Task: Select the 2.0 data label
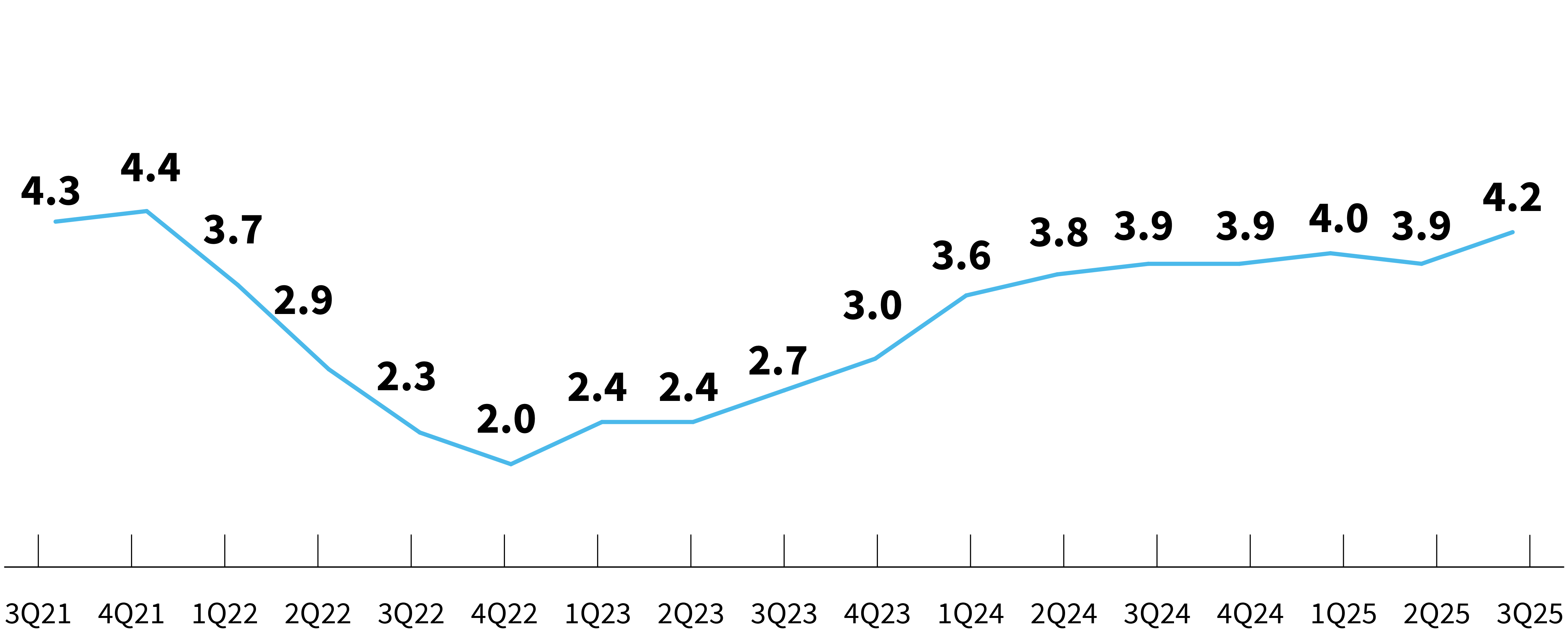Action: click(506, 419)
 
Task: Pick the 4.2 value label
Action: click(1512, 198)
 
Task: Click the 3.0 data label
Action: click(873, 306)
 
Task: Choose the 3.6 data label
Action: click(962, 256)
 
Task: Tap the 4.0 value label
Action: click(1338, 219)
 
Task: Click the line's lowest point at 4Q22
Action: click(510, 464)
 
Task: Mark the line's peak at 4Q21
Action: click(147, 211)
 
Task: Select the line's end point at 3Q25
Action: click(1512, 232)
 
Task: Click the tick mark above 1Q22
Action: click(225, 550)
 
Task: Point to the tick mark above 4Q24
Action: click(1250, 550)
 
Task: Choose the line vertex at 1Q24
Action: click(966, 295)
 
